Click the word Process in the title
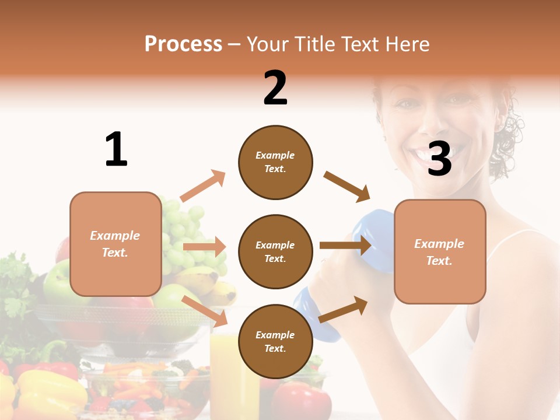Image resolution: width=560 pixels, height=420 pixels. (183, 44)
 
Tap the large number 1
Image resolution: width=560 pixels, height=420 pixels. (116, 150)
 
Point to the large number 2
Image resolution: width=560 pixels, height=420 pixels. (275, 88)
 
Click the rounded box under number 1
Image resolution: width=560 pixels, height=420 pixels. (116, 244)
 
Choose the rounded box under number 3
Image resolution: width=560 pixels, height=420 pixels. (440, 251)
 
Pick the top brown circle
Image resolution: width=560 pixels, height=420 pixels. (275, 162)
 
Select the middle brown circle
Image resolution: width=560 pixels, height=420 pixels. (275, 251)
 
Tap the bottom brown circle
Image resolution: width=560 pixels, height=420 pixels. (275, 341)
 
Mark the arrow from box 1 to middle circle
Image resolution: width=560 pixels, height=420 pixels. (204, 247)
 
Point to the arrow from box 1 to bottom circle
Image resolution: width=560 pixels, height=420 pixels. (205, 311)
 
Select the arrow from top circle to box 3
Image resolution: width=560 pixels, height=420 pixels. (347, 187)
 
